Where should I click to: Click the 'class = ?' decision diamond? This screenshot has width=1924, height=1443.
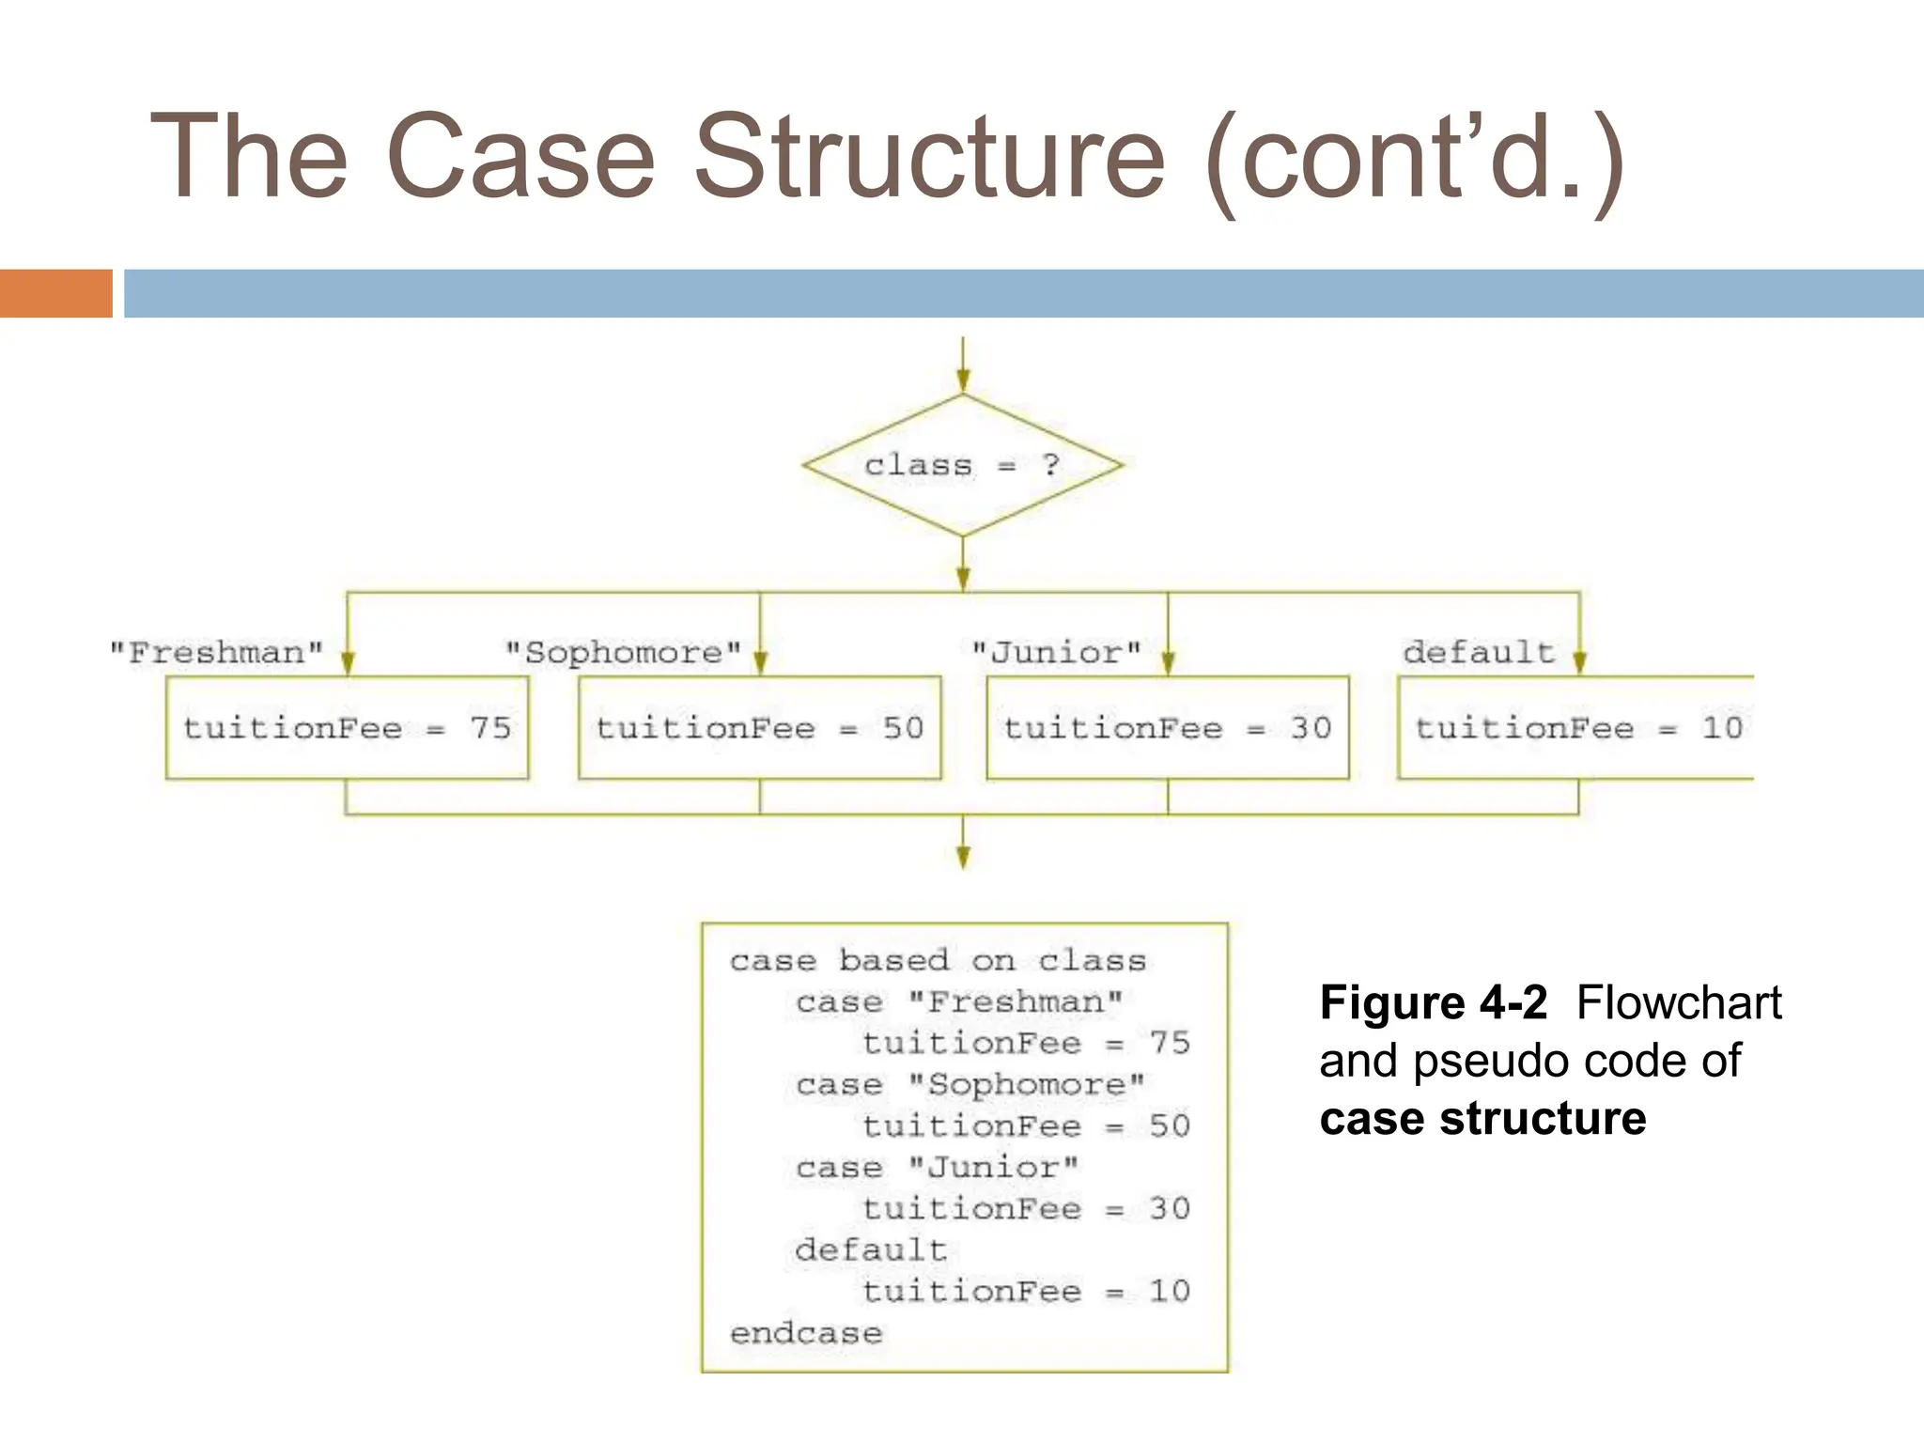(x=963, y=465)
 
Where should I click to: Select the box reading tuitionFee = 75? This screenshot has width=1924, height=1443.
(x=347, y=728)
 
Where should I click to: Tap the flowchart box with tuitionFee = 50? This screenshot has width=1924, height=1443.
(x=759, y=728)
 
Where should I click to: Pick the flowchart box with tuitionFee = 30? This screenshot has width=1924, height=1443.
(x=1168, y=728)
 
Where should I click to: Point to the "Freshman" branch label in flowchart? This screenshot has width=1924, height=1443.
(x=217, y=652)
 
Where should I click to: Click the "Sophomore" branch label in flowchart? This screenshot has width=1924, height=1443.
(x=624, y=652)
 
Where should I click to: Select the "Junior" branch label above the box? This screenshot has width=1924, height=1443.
(x=1057, y=652)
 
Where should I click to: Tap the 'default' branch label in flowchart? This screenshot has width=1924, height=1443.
(x=1479, y=652)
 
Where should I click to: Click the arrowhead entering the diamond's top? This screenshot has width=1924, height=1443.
(x=963, y=380)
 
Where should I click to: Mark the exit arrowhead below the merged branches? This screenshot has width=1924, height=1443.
(x=963, y=856)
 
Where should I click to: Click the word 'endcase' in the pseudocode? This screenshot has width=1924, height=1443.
(x=806, y=1333)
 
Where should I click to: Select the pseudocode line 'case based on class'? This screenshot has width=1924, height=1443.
(x=938, y=960)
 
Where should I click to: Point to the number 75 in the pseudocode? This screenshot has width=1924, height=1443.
(x=1170, y=1043)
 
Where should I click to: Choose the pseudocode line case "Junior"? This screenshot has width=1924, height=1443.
(x=937, y=1168)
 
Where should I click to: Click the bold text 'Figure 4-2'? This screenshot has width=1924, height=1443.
(x=1433, y=1002)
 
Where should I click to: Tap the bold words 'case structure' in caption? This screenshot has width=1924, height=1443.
(x=1482, y=1119)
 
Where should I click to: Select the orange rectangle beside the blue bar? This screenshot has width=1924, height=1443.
(x=56, y=293)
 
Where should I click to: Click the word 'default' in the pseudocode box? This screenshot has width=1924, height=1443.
(x=871, y=1250)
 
